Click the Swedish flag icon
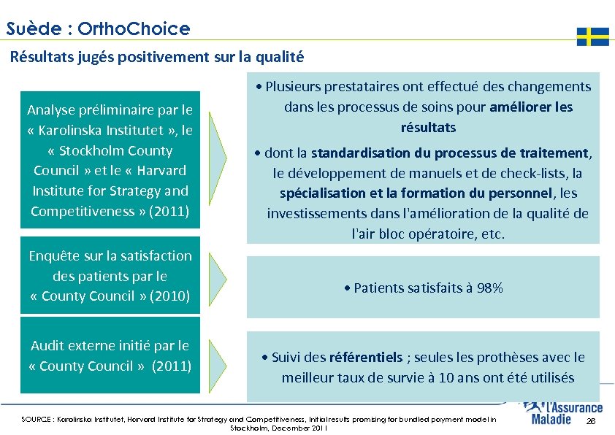(592, 36)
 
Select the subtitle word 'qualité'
(280, 56)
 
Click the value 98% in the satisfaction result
(490, 288)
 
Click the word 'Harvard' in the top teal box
(162, 171)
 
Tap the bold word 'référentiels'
(366, 358)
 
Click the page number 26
(592, 423)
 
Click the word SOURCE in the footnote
(35, 420)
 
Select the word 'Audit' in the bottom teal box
(48, 346)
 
